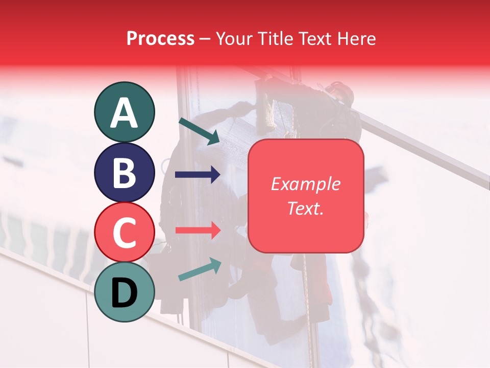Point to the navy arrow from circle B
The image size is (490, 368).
(x=198, y=175)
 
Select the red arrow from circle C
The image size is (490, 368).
(x=198, y=231)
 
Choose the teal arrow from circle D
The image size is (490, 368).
(x=200, y=270)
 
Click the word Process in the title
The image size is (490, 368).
(x=160, y=38)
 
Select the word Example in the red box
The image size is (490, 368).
(x=305, y=184)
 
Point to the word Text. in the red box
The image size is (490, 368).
(x=305, y=208)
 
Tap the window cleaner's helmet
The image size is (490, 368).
(x=340, y=92)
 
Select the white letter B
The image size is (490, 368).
(x=124, y=172)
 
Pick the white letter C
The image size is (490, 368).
(x=124, y=233)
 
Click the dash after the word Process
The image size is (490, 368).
(x=205, y=39)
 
